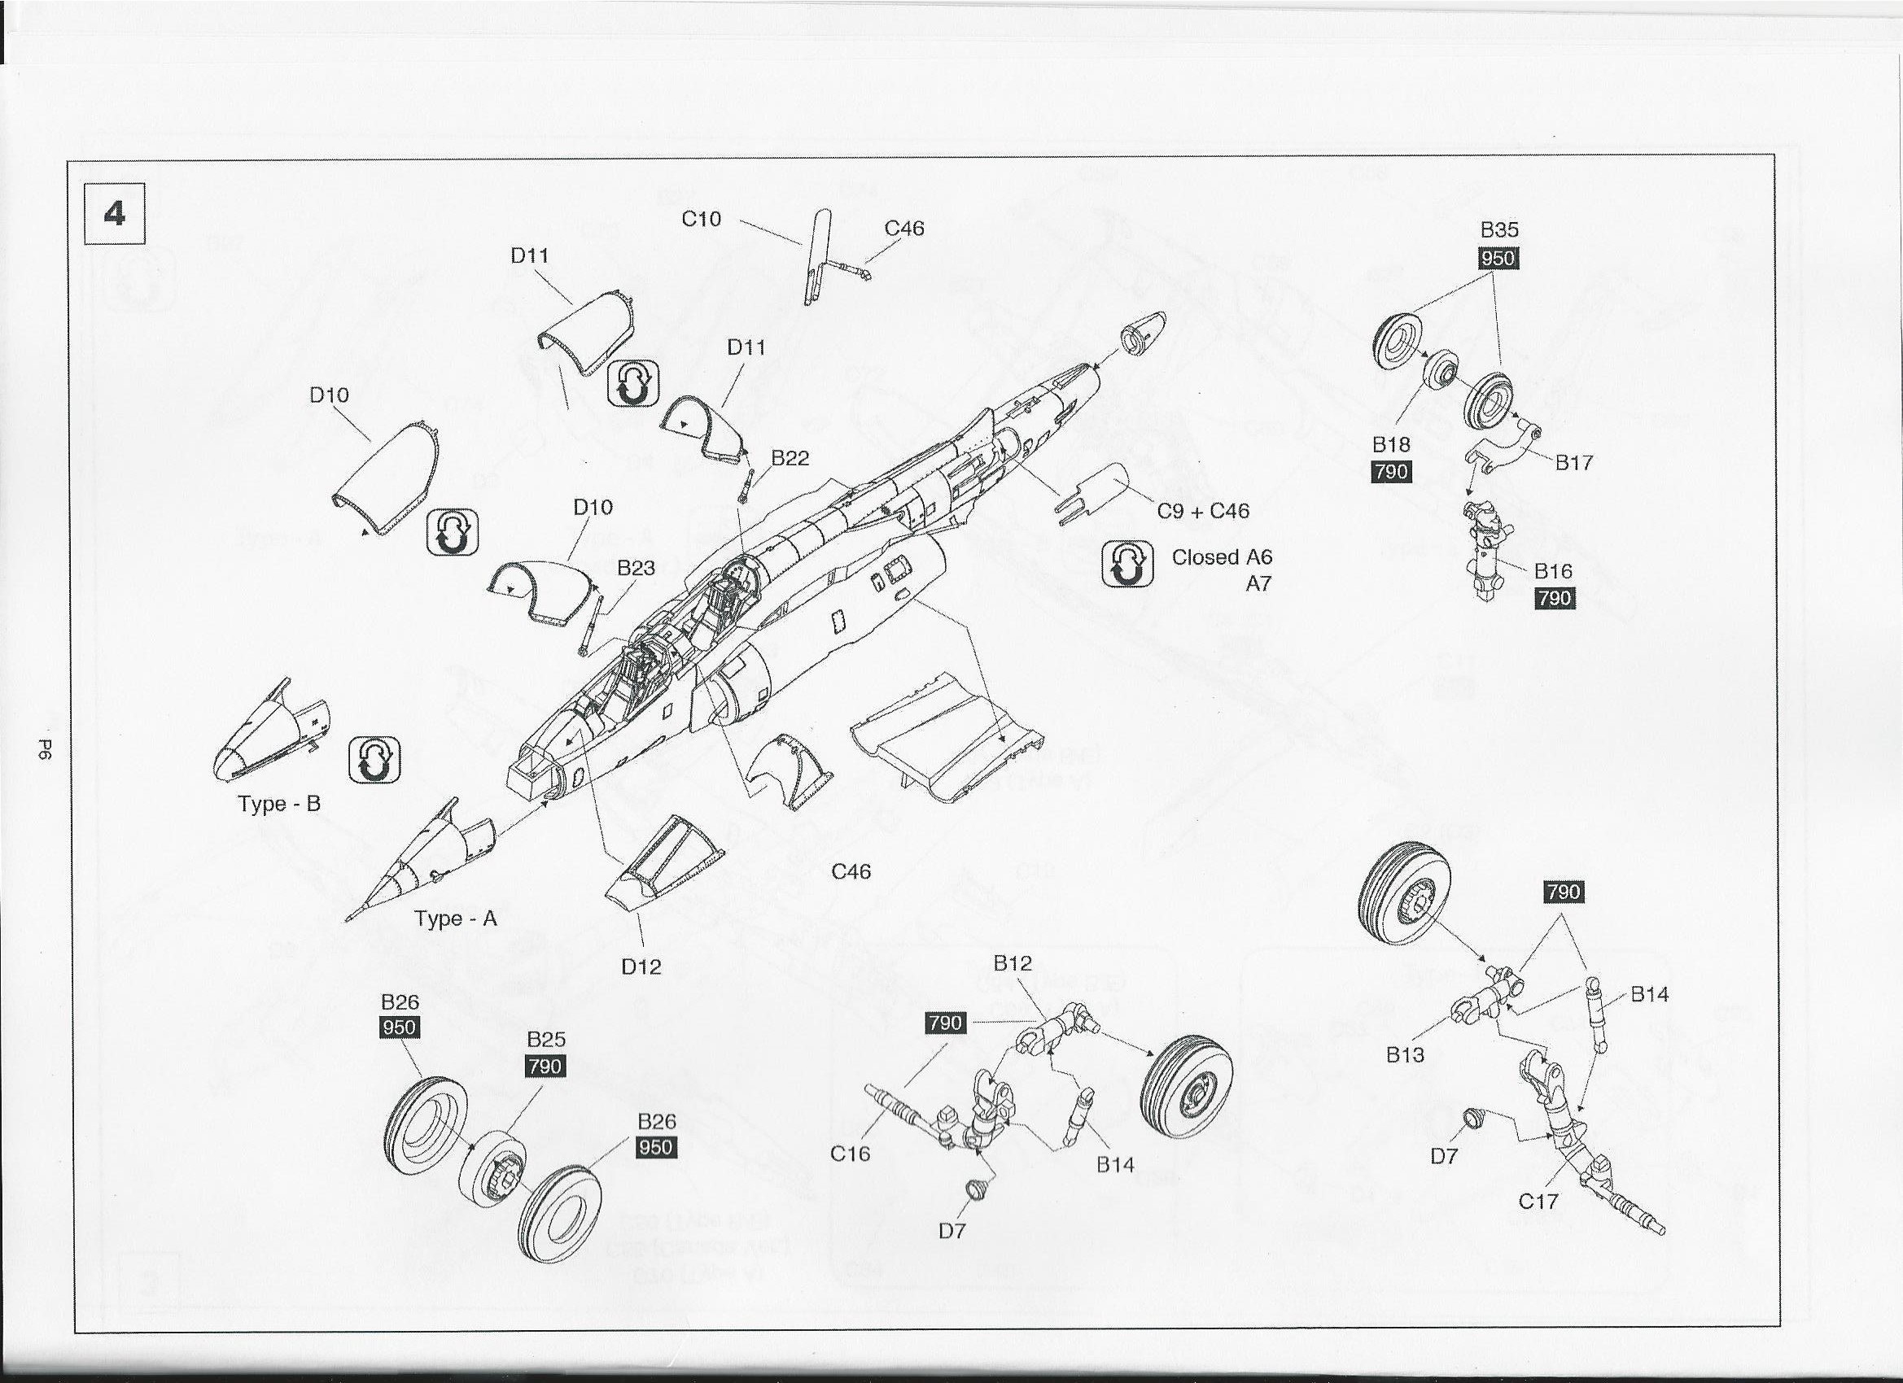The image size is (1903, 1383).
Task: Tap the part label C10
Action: point(701,219)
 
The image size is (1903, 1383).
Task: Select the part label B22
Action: point(790,458)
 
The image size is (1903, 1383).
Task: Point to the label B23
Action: point(636,568)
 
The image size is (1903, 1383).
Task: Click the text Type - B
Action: point(279,804)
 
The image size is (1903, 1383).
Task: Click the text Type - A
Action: point(456,918)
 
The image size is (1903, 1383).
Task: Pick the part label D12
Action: point(641,966)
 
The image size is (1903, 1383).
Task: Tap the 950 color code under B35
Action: point(1498,257)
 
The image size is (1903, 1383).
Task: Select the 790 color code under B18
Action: point(1391,471)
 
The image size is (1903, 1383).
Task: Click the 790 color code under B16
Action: point(1555,598)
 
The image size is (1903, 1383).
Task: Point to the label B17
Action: point(1574,462)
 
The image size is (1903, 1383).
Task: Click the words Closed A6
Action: point(1222,557)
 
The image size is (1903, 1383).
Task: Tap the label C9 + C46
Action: point(1203,511)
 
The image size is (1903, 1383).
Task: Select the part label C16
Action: point(850,1154)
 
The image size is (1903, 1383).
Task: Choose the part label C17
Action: point(1538,1201)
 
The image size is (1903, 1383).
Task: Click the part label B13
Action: point(1405,1054)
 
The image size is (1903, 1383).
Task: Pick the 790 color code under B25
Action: point(545,1066)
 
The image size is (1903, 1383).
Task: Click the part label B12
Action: point(1012,963)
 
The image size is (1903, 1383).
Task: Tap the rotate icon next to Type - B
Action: point(374,760)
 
